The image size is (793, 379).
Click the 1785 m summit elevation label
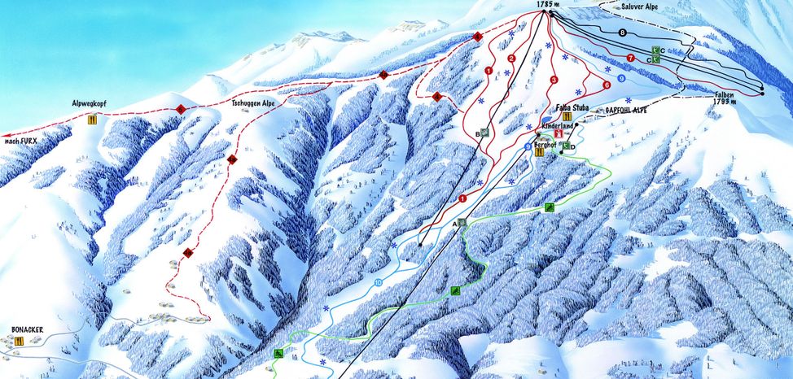pyautogui.click(x=550, y=5)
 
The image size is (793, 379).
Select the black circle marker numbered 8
pyautogui.click(x=623, y=33)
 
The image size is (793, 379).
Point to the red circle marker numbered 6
pyautogui.click(x=607, y=85)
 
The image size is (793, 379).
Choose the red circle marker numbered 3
pyautogui.click(x=553, y=80)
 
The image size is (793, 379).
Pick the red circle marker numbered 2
pyautogui.click(x=511, y=59)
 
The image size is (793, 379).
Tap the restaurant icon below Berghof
pyautogui.click(x=539, y=152)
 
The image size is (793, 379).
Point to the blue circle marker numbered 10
pyautogui.click(x=378, y=282)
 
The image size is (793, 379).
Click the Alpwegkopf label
pyautogui.click(x=90, y=105)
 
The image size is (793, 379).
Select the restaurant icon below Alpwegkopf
pyautogui.click(x=92, y=120)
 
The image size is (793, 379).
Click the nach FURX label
pyautogui.click(x=23, y=142)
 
